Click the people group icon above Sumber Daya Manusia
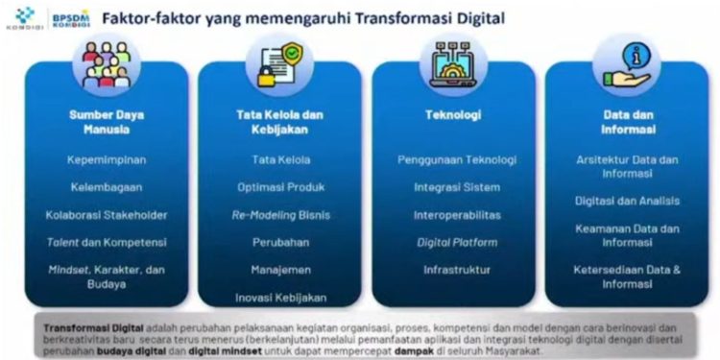pyautogui.click(x=107, y=64)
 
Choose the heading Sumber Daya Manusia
pyautogui.click(x=107, y=122)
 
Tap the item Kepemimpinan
pyautogui.click(x=107, y=159)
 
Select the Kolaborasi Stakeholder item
pyautogui.click(x=107, y=214)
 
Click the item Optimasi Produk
pyautogui.click(x=280, y=187)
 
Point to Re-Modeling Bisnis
pyautogui.click(x=280, y=215)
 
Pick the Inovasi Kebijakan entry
pyautogui.click(x=280, y=298)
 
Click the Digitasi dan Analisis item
pyautogui.click(x=627, y=201)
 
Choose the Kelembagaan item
pyautogui.click(x=107, y=187)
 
